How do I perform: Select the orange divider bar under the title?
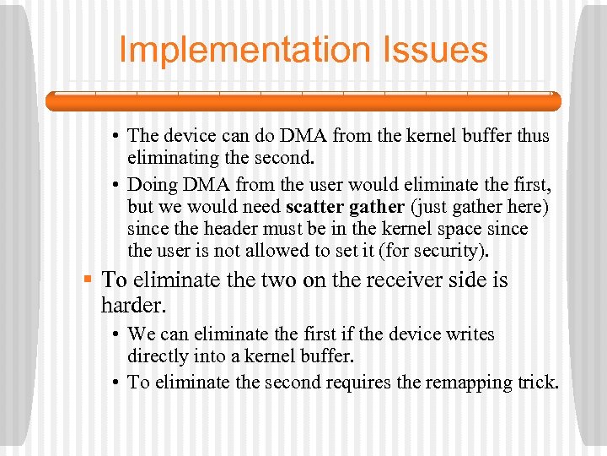click(x=303, y=101)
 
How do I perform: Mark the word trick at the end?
click(x=538, y=382)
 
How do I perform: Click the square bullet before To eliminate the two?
click(x=87, y=278)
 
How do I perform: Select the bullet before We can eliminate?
click(x=116, y=334)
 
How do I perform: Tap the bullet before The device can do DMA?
click(x=116, y=135)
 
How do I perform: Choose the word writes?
click(x=472, y=334)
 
